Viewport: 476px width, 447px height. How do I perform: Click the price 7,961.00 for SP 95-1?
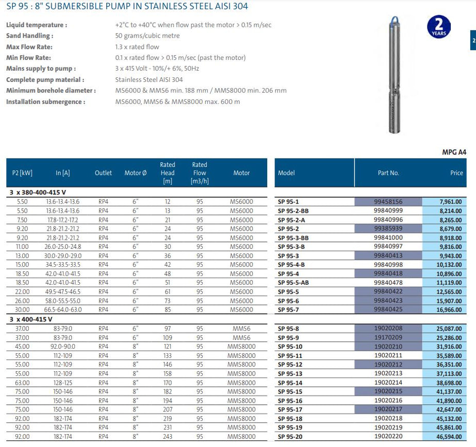[451, 202]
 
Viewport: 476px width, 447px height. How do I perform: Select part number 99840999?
[388, 211]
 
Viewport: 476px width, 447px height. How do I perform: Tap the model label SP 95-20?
[290, 436]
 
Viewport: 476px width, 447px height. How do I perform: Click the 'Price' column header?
[456, 173]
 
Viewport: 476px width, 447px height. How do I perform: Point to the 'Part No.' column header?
[388, 173]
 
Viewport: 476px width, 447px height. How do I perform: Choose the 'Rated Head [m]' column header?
[168, 173]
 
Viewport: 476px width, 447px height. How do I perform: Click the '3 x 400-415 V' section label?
[31, 319]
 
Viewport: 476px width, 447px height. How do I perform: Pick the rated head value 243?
[168, 436]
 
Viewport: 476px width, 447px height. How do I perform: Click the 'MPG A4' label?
[454, 152]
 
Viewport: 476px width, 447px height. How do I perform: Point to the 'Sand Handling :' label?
[29, 36]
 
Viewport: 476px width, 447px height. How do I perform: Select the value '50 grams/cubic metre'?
[147, 36]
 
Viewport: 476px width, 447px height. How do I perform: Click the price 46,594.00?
[450, 436]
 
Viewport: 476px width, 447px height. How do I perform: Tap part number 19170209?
[388, 337]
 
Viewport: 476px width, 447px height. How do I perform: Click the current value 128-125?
[62, 382]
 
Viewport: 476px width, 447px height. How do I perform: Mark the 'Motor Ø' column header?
[136, 173]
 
